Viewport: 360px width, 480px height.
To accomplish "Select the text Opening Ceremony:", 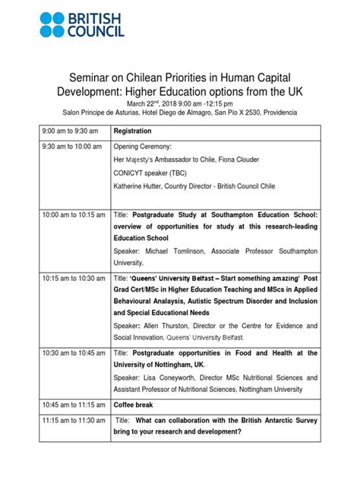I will coord(143,147).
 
